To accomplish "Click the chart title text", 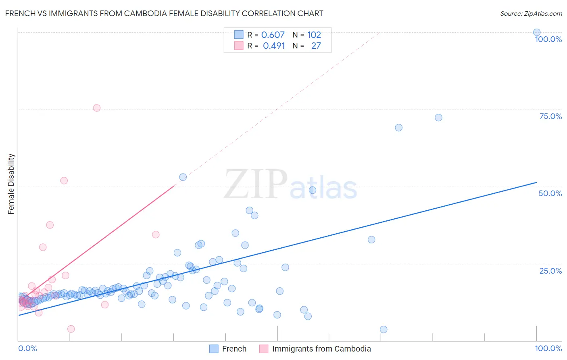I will click(164, 13).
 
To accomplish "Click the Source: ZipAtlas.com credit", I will click(531, 13).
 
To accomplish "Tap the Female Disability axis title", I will click(11, 184).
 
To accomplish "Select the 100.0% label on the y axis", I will click(548, 39).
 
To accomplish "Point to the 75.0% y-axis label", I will click(550, 116).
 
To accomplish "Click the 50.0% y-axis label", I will click(550, 193).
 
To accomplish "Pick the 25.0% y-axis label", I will click(550, 270).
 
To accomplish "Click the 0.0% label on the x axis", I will click(27, 348).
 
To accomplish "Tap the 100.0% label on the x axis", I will click(548, 348).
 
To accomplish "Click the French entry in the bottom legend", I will click(234, 349).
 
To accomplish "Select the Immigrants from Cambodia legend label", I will click(321, 349).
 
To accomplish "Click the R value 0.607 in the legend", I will click(273, 35).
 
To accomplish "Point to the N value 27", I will click(316, 46).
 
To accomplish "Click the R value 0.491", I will click(274, 46).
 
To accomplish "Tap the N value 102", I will click(314, 35).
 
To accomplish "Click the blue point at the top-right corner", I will click(537, 32).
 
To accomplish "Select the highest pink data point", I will click(97, 108).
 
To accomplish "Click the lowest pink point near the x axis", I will click(71, 329).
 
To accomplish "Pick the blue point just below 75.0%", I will click(438, 117).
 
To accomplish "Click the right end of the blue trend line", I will click(536, 182).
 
